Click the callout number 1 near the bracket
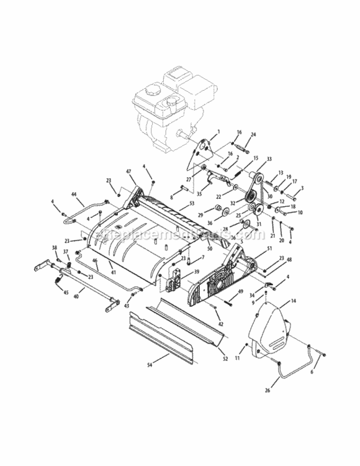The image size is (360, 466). click(218, 132)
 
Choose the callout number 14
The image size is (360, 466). click(294, 301)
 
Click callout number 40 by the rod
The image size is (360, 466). click(75, 297)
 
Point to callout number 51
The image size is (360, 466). click(269, 248)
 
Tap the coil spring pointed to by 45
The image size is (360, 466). click(60, 284)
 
